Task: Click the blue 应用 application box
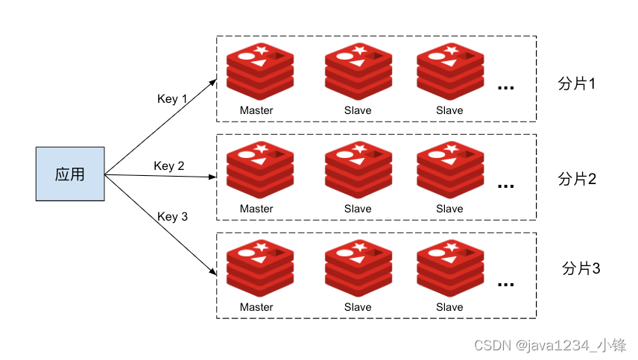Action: point(70,174)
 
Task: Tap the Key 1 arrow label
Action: point(171,99)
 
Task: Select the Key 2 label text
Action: point(169,166)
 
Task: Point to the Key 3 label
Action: point(172,216)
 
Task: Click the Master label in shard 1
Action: point(256,110)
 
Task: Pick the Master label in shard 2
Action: point(256,209)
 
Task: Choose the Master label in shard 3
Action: point(256,307)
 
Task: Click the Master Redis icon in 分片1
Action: point(260,72)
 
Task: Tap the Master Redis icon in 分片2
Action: point(260,170)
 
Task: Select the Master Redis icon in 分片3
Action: point(260,268)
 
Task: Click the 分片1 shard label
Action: point(577,83)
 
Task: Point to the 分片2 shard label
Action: point(577,179)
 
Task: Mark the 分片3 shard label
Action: point(581,268)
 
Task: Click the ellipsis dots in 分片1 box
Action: point(506,87)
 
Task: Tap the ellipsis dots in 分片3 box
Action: point(506,284)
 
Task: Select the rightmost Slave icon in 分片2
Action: point(450,170)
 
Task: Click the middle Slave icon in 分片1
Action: point(359,72)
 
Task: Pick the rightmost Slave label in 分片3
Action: point(449,307)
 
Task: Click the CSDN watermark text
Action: point(550,345)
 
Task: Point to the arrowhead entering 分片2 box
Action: point(212,177)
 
